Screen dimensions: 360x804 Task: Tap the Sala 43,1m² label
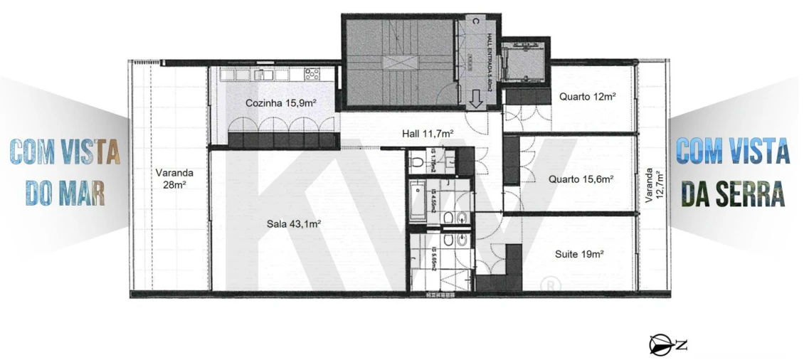(294, 223)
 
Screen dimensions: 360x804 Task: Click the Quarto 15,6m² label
(581, 179)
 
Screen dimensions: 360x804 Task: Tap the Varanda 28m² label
(174, 178)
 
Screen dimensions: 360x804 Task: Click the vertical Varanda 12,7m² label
(650, 187)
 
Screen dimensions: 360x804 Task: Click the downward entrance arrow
(475, 99)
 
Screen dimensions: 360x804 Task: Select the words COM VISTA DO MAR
(65, 171)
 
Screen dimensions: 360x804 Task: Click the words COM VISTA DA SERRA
(733, 171)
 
